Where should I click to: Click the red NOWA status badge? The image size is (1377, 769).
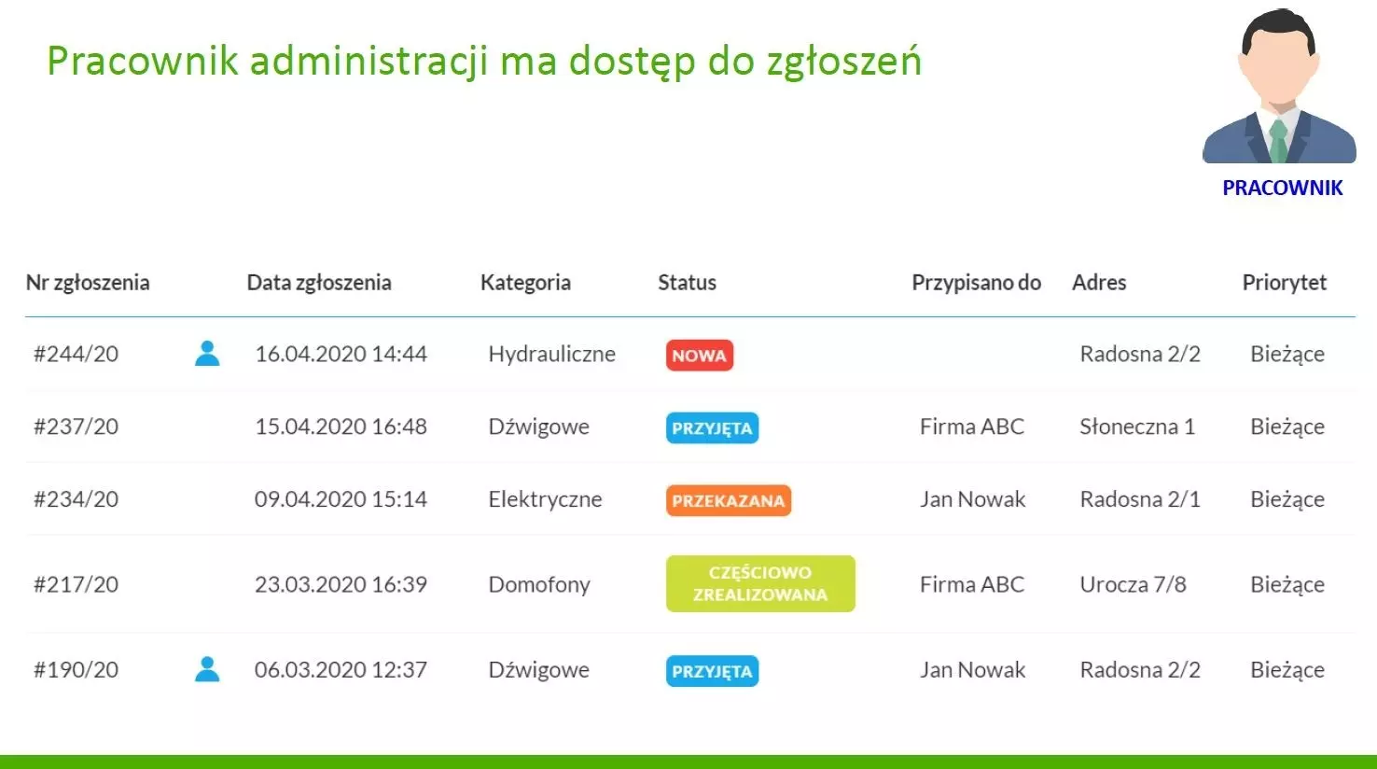point(699,356)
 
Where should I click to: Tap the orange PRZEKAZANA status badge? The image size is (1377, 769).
point(729,500)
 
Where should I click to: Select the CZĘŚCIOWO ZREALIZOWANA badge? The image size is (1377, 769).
point(760,583)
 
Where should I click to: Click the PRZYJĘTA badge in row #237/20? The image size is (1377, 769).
point(712,427)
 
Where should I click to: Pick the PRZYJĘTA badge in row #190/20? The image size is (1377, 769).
point(712,671)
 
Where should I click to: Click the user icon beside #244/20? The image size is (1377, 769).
point(207,354)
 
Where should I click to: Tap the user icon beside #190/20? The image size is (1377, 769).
point(207,669)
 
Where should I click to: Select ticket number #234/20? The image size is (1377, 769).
point(76,499)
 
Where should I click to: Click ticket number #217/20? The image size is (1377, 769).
point(76,584)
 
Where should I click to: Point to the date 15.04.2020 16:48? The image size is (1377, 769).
point(341,426)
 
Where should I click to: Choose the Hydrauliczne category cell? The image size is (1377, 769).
point(552,354)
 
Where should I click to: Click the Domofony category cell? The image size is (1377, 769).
point(539,584)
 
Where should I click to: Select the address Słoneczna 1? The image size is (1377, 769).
point(1137,426)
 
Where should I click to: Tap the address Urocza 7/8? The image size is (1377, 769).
point(1133,584)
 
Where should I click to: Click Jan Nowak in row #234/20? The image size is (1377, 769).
point(972,499)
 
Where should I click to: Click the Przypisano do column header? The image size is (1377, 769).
point(976,283)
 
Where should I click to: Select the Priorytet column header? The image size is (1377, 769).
point(1285,283)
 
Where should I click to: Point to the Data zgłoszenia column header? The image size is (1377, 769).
point(319,283)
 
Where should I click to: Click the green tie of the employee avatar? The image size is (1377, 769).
point(1279,140)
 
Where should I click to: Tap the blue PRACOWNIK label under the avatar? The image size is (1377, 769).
point(1283,189)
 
